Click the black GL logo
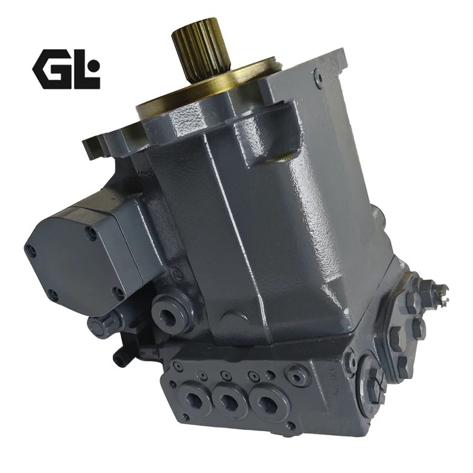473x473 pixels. point(66,69)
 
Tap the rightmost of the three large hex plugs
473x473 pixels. point(267,402)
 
